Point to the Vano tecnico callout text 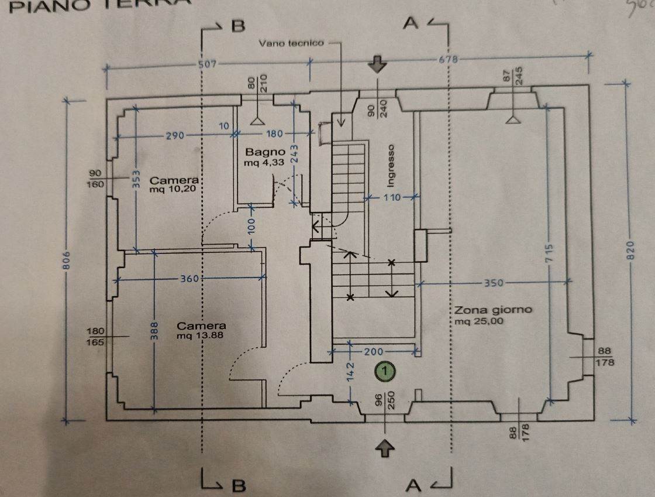coord(291,43)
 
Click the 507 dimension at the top coord(208,64)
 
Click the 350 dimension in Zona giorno coord(494,283)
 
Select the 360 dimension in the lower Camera coord(189,279)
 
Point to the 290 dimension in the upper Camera coord(174,136)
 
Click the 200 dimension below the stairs coord(372,352)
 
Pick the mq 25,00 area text coord(479,321)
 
